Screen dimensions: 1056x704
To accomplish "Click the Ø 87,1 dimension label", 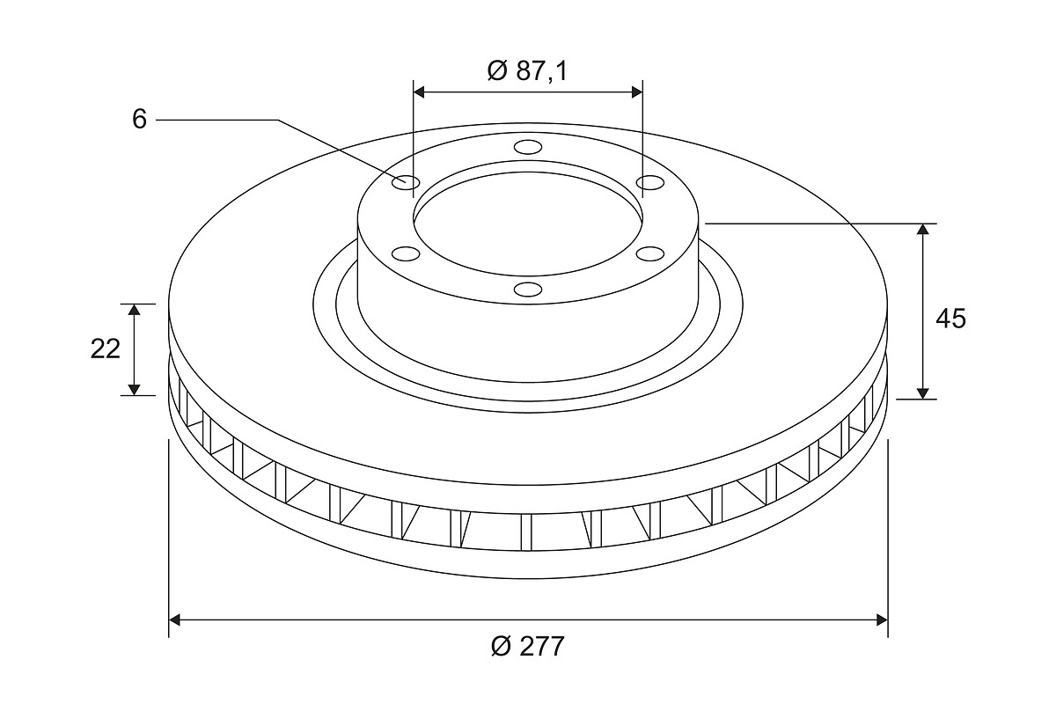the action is (527, 71).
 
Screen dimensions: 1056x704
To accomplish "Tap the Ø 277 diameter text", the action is (527, 646).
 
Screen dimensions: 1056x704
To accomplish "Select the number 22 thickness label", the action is (105, 349).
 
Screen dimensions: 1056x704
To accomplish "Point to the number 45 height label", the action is (950, 319).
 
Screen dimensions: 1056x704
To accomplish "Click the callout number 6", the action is (140, 119).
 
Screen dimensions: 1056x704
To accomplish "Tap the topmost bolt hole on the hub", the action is (528, 147).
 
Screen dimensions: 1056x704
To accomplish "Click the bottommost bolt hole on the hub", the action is (528, 289).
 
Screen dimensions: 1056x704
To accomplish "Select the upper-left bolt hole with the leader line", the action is (406, 182).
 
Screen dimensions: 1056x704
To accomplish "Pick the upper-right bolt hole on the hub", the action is (650, 182).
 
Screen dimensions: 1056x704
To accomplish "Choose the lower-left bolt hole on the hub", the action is (406, 253).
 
